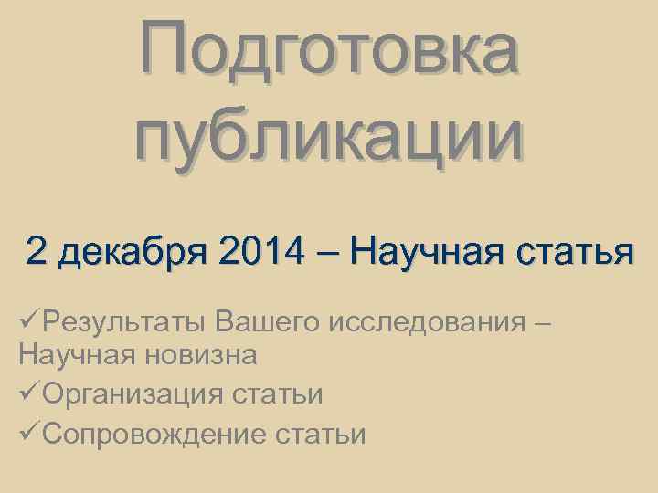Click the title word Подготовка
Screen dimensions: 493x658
[329, 50]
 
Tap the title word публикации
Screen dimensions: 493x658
[329, 137]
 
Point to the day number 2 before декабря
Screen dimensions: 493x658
[37, 250]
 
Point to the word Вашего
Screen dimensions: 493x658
[271, 322]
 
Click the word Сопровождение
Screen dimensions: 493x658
[154, 435]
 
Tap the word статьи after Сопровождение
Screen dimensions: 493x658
[321, 435]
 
